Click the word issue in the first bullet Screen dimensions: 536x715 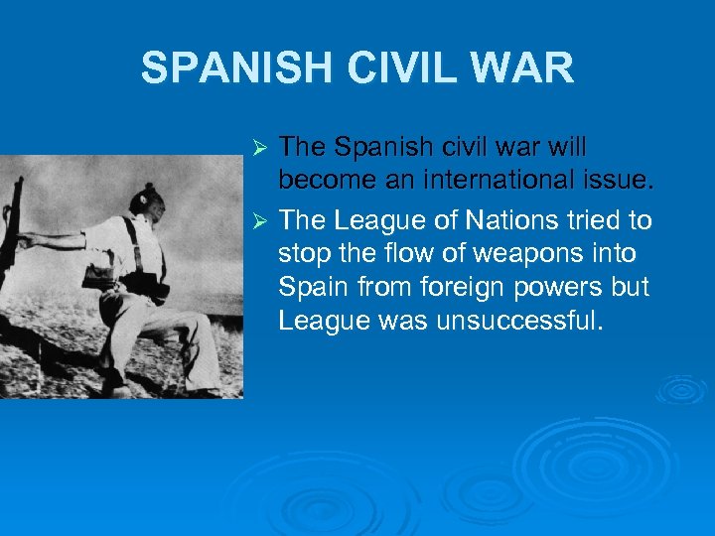[x=617, y=180]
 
